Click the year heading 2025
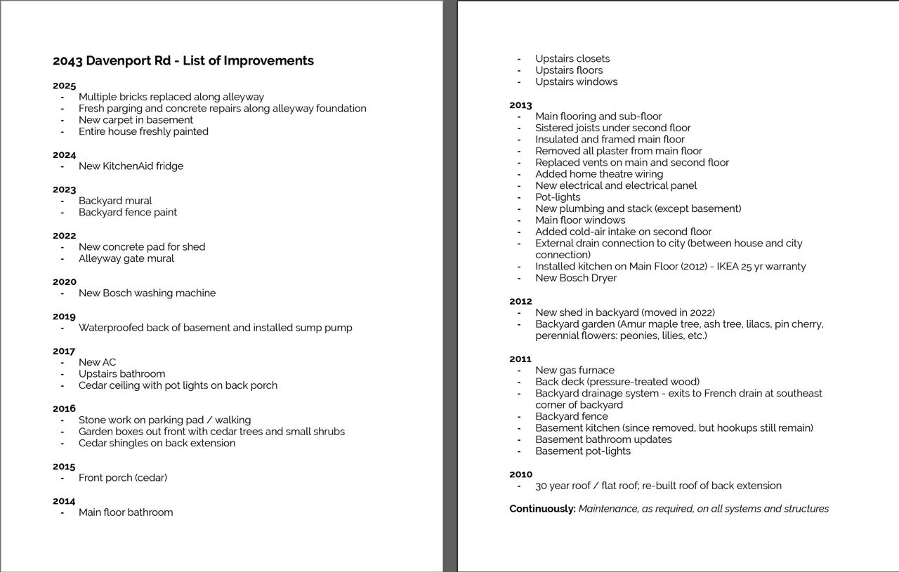(x=64, y=86)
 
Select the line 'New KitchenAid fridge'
(x=131, y=166)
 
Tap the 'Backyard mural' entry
(x=115, y=201)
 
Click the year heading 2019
(x=64, y=317)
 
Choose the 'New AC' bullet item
(x=97, y=363)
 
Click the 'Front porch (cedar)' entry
(x=123, y=478)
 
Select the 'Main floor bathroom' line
(x=126, y=512)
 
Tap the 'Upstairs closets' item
(x=572, y=59)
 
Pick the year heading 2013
(x=520, y=105)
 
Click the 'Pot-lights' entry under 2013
(x=558, y=197)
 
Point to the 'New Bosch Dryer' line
(x=576, y=278)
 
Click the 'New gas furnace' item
(x=575, y=371)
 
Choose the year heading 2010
(x=520, y=474)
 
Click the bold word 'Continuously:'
(x=542, y=509)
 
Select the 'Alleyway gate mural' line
(x=126, y=258)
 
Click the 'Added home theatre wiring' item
(x=599, y=174)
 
